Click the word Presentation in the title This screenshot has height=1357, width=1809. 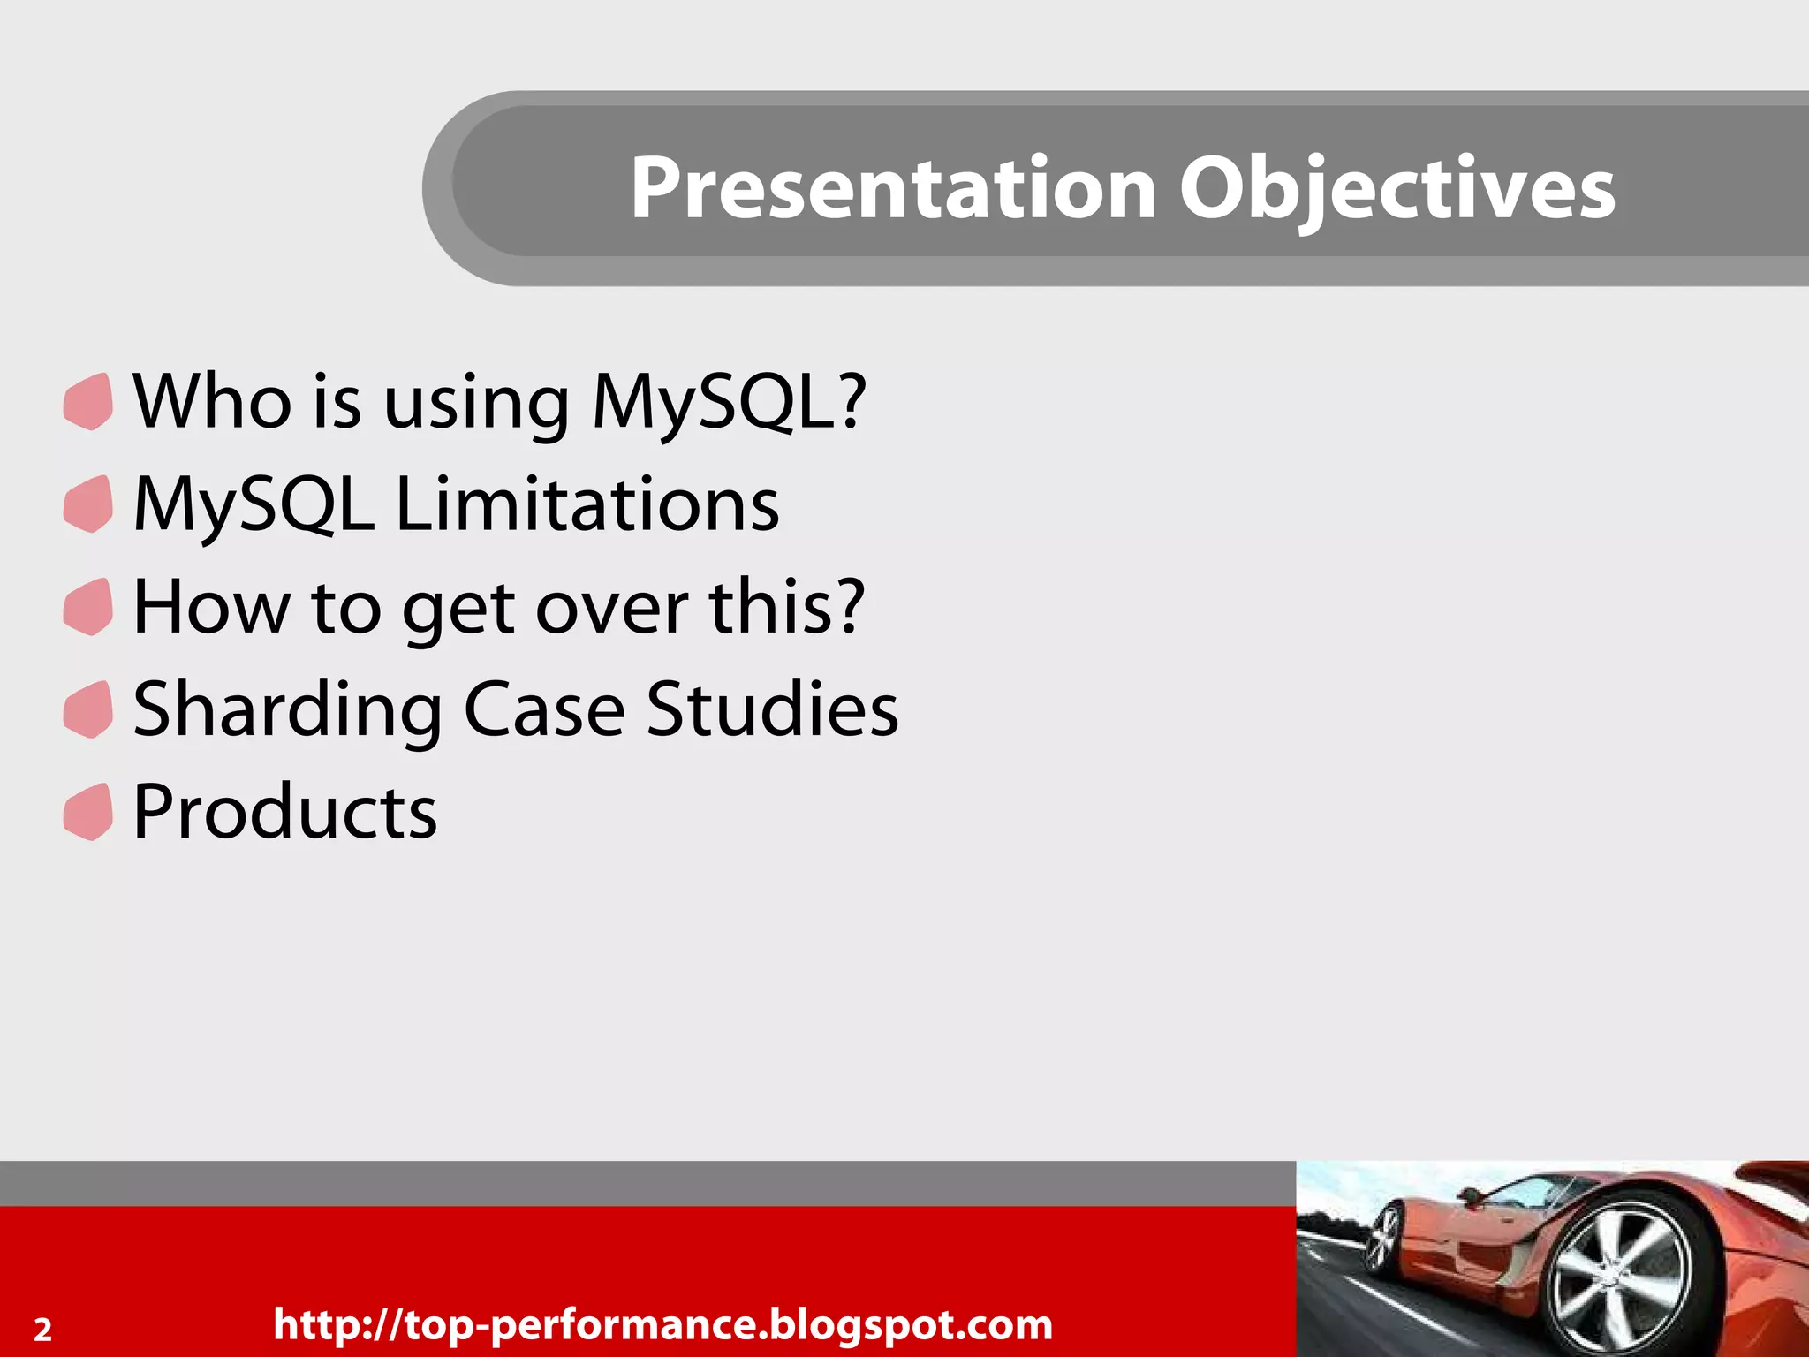click(892, 187)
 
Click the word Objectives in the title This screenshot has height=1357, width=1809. click(1397, 187)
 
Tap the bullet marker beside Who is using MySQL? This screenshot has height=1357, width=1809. click(88, 402)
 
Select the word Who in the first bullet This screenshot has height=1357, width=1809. click(212, 402)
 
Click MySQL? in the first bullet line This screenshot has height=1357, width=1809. click(730, 402)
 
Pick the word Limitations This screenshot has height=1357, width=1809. click(587, 504)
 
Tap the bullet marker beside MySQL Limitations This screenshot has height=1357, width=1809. click(88, 504)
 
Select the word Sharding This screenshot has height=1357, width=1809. click(287, 710)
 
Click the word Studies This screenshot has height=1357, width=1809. click(772, 710)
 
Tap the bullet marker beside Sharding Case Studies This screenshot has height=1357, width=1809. click(88, 710)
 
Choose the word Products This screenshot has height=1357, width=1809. click(284, 813)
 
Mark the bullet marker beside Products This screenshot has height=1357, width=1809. click(88, 813)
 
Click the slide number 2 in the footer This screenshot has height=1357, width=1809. click(42, 1329)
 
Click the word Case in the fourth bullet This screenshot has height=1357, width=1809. click(544, 710)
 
